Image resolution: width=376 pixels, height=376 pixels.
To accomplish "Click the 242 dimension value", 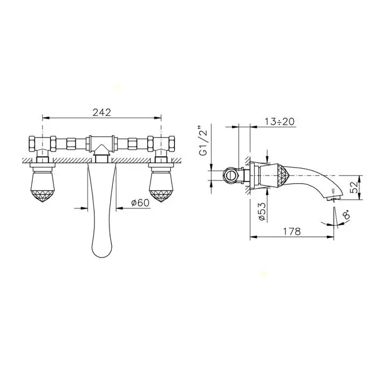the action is tap(102, 112).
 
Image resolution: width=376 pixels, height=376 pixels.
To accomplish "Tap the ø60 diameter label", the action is tap(140, 203).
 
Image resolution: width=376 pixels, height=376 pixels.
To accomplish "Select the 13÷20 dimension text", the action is tap(279, 121).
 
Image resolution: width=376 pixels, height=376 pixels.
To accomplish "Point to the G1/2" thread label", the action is tap(203, 141).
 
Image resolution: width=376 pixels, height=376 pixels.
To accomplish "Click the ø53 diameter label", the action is tap(262, 211).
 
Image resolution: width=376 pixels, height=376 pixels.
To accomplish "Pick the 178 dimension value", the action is tap(292, 232).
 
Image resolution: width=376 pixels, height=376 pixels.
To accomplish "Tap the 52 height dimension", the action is tap(353, 187).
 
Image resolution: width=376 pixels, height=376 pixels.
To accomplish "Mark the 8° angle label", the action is tap(347, 214).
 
